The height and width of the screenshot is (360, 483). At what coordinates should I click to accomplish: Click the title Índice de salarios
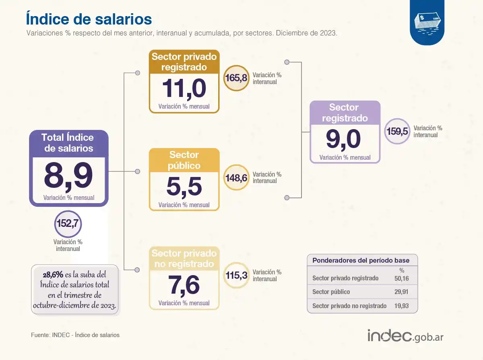coord(89,19)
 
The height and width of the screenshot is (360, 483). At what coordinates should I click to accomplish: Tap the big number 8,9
coord(68,175)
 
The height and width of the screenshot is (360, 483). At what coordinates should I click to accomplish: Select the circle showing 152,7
coord(68,223)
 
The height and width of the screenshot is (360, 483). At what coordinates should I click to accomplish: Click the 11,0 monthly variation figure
coord(184,88)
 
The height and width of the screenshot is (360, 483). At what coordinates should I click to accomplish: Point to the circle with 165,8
coord(236,78)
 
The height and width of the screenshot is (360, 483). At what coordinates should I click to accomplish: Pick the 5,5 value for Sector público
coord(184,187)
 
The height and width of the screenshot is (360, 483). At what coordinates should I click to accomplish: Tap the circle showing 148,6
coord(236,177)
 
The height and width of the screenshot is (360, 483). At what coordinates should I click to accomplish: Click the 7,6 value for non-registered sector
coord(184,285)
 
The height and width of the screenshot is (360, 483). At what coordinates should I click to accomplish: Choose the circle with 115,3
coord(236,276)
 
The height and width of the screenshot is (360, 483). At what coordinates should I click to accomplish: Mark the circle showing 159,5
coord(397,131)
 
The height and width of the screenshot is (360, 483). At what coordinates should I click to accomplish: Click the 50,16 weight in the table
coord(401,278)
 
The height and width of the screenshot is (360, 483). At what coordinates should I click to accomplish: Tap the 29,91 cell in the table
coord(401,292)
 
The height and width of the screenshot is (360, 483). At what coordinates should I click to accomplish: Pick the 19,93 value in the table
coord(401,306)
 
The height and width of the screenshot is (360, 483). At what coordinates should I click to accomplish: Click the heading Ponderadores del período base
coord(361,260)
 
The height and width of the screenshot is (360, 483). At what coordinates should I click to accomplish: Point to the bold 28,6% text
coord(53,275)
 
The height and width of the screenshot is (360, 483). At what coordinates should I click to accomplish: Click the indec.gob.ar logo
coord(405,335)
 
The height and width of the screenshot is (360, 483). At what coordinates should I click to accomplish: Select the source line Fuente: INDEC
coord(75,335)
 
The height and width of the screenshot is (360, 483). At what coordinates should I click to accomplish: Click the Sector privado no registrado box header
coord(184,259)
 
